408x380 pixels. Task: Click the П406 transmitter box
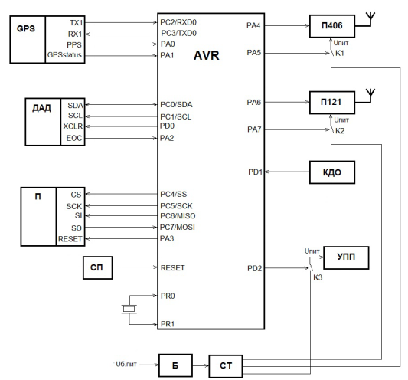[x=332, y=26]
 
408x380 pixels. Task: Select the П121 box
[x=332, y=103]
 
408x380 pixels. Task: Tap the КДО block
[x=332, y=172]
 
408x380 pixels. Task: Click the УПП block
[x=346, y=257]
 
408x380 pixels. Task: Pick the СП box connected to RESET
[x=97, y=267]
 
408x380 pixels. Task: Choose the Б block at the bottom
[x=175, y=365]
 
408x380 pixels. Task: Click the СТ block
[x=226, y=366]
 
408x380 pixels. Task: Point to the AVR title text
[x=207, y=55]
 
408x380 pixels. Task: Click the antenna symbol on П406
[x=370, y=19]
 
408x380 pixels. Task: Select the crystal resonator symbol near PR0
[x=129, y=310]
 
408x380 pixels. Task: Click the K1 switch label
[x=340, y=53]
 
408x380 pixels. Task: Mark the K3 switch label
[x=318, y=277]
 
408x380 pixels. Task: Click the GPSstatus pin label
[x=64, y=55]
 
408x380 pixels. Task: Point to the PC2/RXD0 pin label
[x=178, y=22]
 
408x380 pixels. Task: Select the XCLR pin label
[x=73, y=126]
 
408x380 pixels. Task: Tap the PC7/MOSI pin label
[x=178, y=227]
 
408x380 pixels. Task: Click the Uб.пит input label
[x=126, y=364]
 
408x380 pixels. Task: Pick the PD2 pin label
[x=254, y=268]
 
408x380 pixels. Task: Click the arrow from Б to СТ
[x=201, y=365]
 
